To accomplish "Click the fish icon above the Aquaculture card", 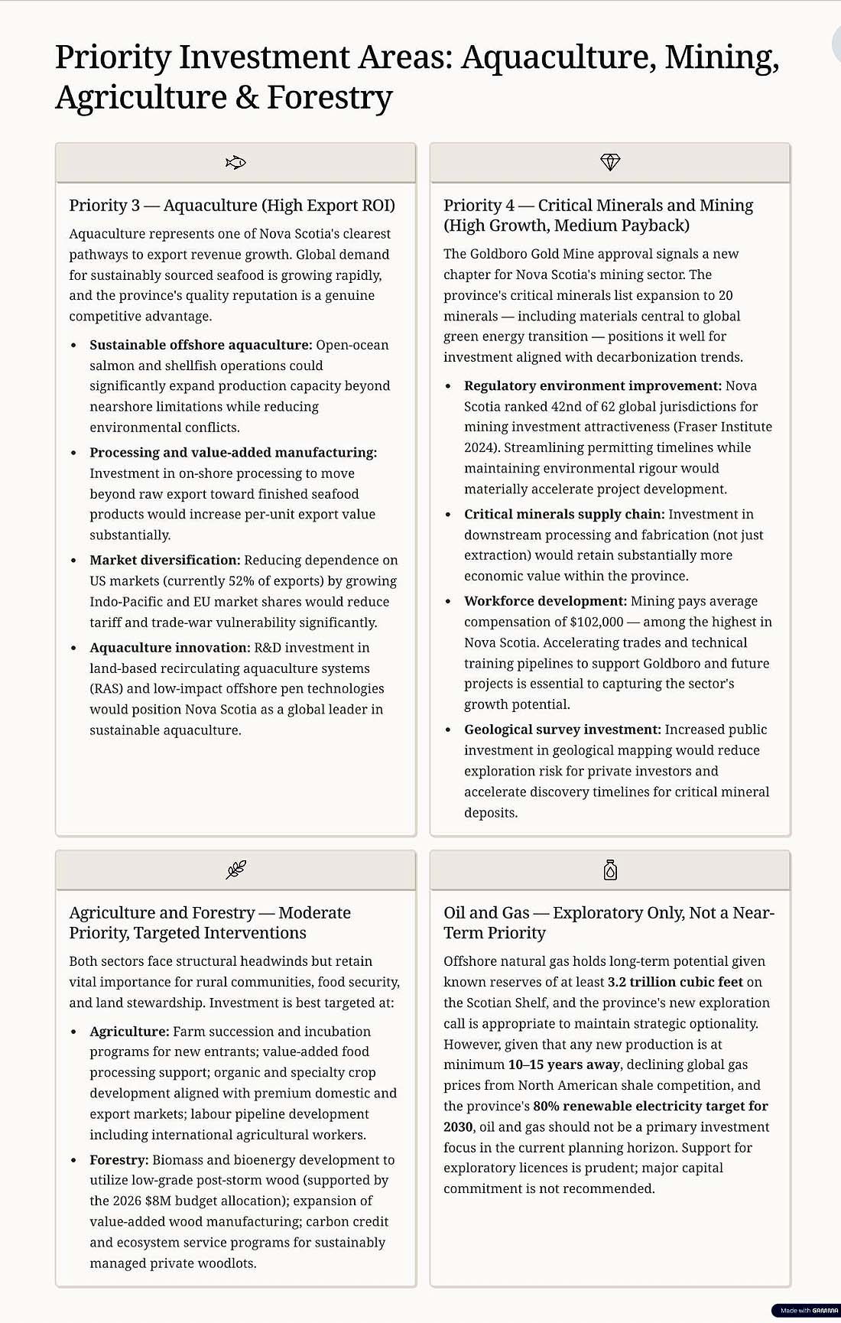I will click(235, 162).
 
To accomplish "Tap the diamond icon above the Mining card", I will click(610, 162).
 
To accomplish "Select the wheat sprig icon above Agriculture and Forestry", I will click(235, 870).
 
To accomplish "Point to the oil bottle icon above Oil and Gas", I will click(610, 870).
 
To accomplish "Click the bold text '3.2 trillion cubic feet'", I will click(675, 982).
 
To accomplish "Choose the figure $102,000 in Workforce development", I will click(596, 622).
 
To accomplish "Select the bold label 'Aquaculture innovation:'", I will click(170, 648).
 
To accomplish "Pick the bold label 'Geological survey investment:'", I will click(562, 730).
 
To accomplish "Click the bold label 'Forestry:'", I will click(119, 1160).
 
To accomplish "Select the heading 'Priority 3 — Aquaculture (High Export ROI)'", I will click(232, 205).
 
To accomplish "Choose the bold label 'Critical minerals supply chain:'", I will click(564, 515).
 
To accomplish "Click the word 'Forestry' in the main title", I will click(330, 98).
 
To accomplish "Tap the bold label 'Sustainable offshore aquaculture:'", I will click(200, 345).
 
